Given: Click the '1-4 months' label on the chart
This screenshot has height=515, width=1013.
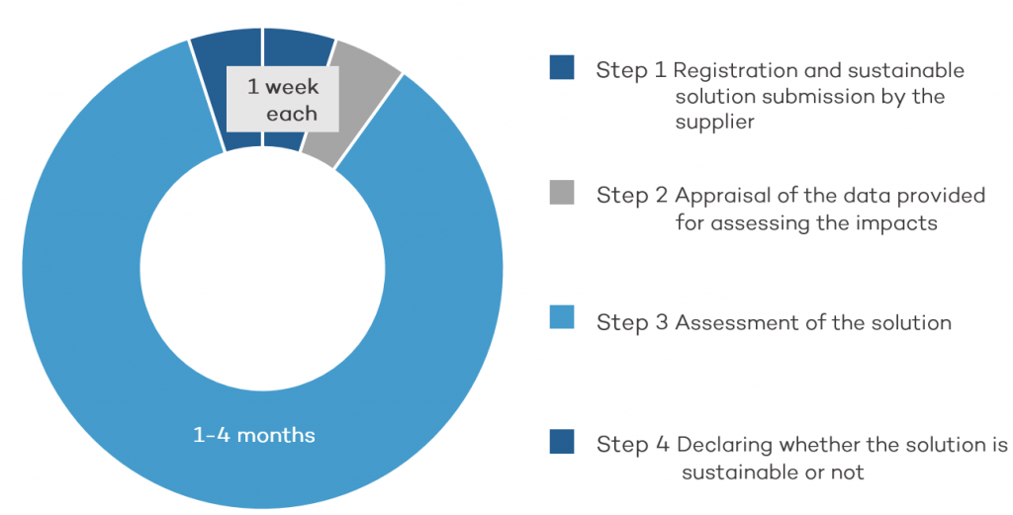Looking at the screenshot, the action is (254, 435).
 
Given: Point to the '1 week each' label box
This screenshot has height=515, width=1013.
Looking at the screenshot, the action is (283, 99).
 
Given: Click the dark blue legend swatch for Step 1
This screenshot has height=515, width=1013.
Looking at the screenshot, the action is (562, 67).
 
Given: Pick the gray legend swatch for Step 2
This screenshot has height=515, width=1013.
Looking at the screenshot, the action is (562, 193).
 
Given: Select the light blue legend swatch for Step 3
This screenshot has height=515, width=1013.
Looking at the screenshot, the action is (562, 317).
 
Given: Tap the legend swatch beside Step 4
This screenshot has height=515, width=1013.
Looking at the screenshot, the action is (562, 442).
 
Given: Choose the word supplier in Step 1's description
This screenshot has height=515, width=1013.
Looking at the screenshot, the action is (714, 123).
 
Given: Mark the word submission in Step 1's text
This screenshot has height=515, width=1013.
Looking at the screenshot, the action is (816, 96).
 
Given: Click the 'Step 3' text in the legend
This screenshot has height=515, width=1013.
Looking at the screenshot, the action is (632, 322).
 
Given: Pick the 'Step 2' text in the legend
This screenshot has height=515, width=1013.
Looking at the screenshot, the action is (632, 196).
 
